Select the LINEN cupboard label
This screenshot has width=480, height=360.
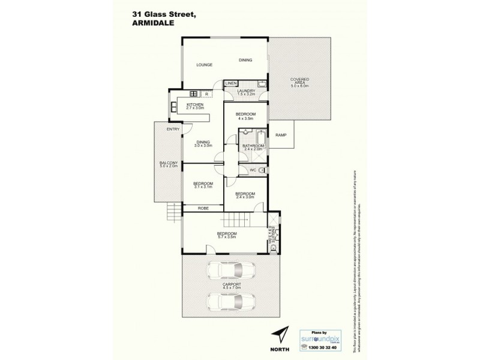coord(232,83)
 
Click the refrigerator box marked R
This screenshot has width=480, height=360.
coord(206,94)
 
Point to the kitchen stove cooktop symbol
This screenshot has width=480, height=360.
coord(193,94)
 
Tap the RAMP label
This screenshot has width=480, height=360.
coord(280,136)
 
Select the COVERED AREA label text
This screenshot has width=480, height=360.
coord(299,82)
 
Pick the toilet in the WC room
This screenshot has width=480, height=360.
coord(262,170)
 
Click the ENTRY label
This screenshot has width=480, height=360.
coord(173,129)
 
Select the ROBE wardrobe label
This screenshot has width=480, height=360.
coord(203,208)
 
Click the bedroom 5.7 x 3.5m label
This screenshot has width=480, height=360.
coord(227,235)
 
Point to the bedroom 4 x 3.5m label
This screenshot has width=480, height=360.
coord(246,116)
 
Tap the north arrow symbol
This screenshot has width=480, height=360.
coord(280,331)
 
